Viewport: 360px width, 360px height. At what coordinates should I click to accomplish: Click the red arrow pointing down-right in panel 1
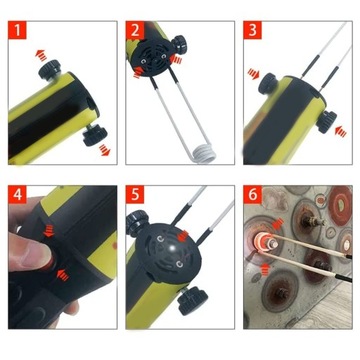pyautogui.click(x=103, y=151)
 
